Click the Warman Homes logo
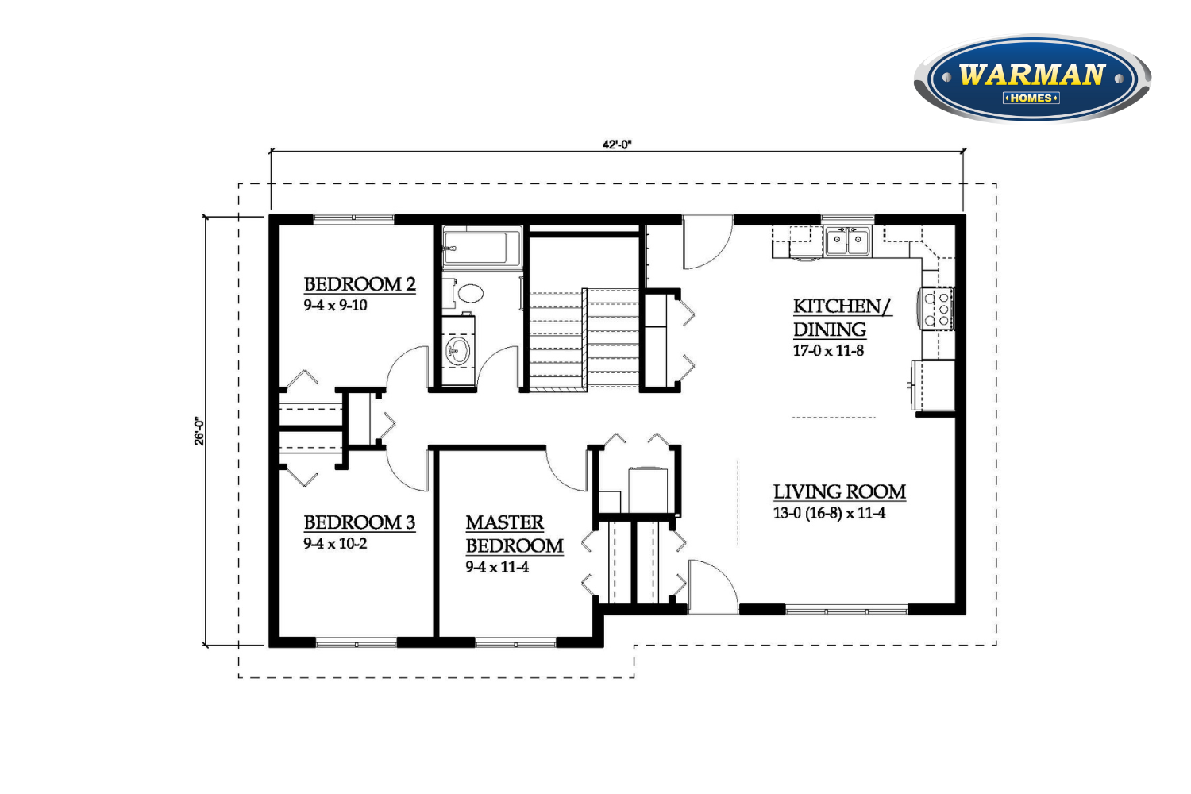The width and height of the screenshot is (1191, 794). (1032, 78)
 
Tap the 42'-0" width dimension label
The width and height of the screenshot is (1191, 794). (617, 145)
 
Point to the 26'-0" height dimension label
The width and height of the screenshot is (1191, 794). (198, 431)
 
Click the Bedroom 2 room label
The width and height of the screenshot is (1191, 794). (360, 284)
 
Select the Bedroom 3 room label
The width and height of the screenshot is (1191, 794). (360, 522)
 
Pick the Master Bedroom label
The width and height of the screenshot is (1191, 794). (515, 534)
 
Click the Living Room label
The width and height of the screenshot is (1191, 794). (839, 492)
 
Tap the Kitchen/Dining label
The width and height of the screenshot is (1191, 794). (842, 318)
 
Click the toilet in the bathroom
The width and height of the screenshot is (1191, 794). (465, 293)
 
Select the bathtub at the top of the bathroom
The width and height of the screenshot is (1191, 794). (482, 248)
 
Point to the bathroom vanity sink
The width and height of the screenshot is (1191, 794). (458, 350)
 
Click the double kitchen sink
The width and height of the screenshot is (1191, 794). (847, 242)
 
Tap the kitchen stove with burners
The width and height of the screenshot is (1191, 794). (938, 308)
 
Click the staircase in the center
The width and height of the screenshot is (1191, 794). (584, 340)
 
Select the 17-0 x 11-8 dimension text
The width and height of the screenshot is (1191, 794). (828, 350)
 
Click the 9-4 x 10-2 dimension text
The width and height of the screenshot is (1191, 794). (336, 544)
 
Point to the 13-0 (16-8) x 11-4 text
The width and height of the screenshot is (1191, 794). (830, 513)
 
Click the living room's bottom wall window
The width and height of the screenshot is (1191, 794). (846, 610)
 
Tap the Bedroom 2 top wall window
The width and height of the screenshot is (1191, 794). (353, 218)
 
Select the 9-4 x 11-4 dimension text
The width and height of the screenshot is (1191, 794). (498, 567)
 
